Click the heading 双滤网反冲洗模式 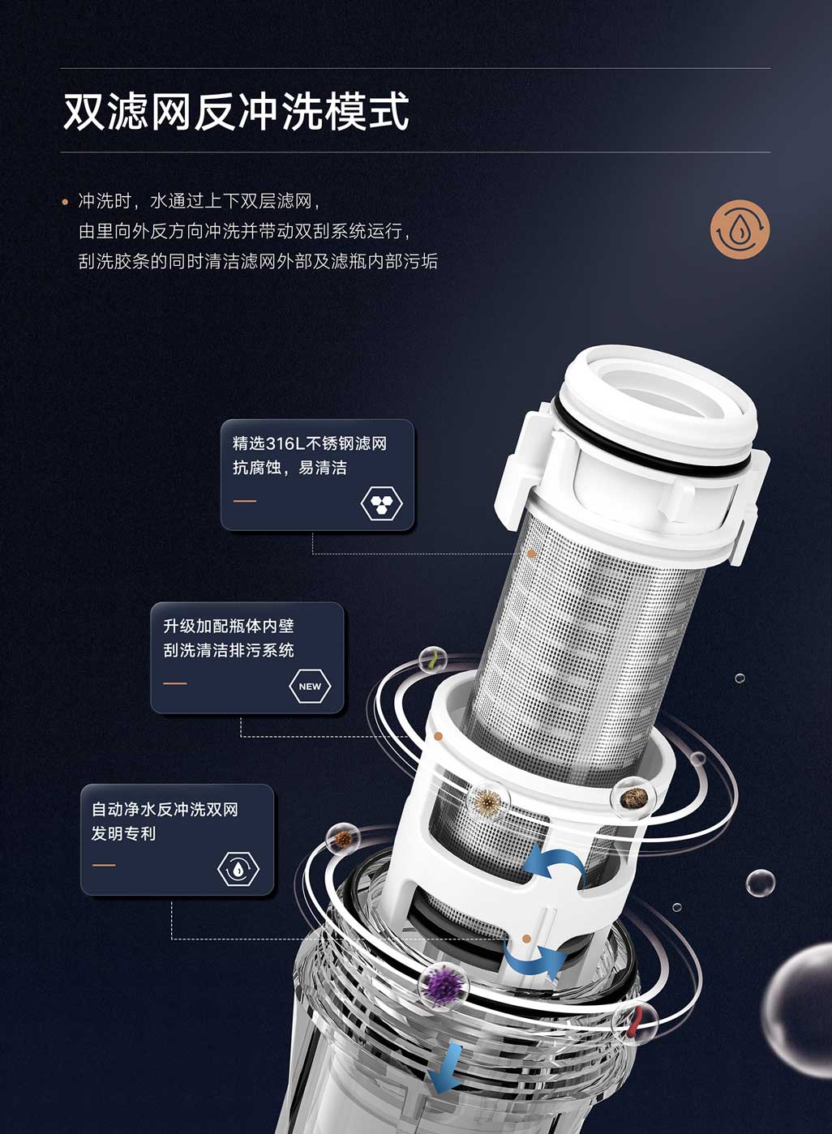coord(236,111)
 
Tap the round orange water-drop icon coord(740,229)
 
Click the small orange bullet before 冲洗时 coord(65,202)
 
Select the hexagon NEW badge coord(310,687)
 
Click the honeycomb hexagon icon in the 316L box coord(382,503)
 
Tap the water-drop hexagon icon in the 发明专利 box coord(238,869)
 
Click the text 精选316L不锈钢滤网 coord(310,443)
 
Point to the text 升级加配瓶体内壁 coord(229,627)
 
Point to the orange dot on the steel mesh coord(532,554)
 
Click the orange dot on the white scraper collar coord(439,736)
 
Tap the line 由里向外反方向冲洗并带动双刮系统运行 coord(247,231)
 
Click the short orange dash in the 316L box coord(245,501)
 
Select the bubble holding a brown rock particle coord(633,799)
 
